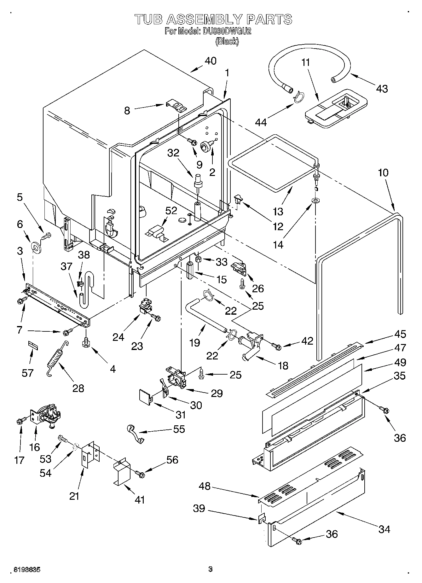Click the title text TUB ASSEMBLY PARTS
[213, 20]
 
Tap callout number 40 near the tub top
[211, 61]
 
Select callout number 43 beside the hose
[382, 89]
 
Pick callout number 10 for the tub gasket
[383, 172]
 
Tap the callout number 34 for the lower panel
[384, 529]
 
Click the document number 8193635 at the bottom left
[27, 569]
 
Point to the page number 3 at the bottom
[211, 569]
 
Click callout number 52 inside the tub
[171, 211]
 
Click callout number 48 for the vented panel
[205, 486]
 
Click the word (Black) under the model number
[227, 41]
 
